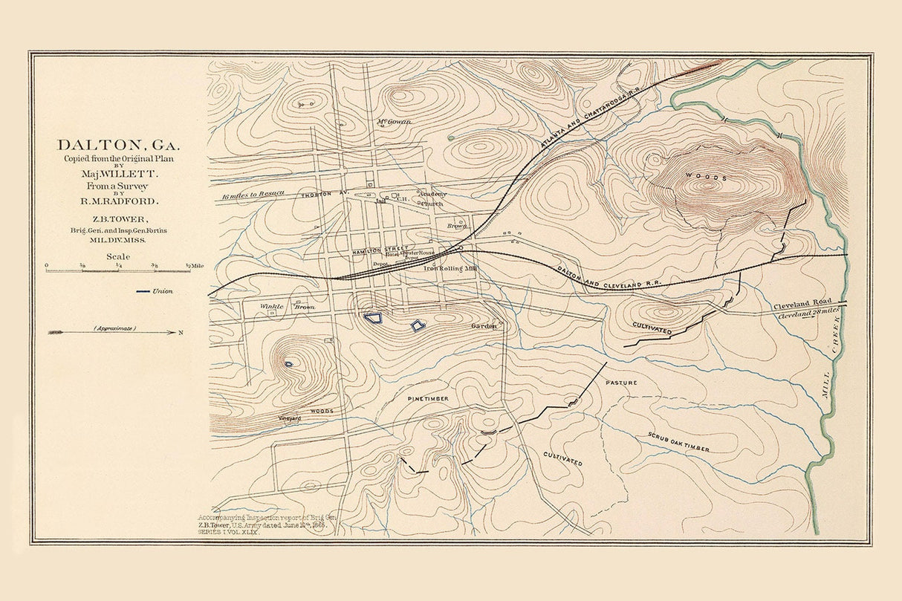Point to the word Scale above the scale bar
click(x=119, y=256)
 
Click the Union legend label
click(x=163, y=291)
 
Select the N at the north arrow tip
click(x=181, y=332)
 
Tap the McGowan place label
click(x=394, y=121)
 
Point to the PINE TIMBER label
click(x=427, y=399)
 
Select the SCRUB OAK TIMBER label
click(x=678, y=442)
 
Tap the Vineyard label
click(x=290, y=418)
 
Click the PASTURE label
click(x=621, y=382)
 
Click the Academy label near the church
click(x=433, y=193)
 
